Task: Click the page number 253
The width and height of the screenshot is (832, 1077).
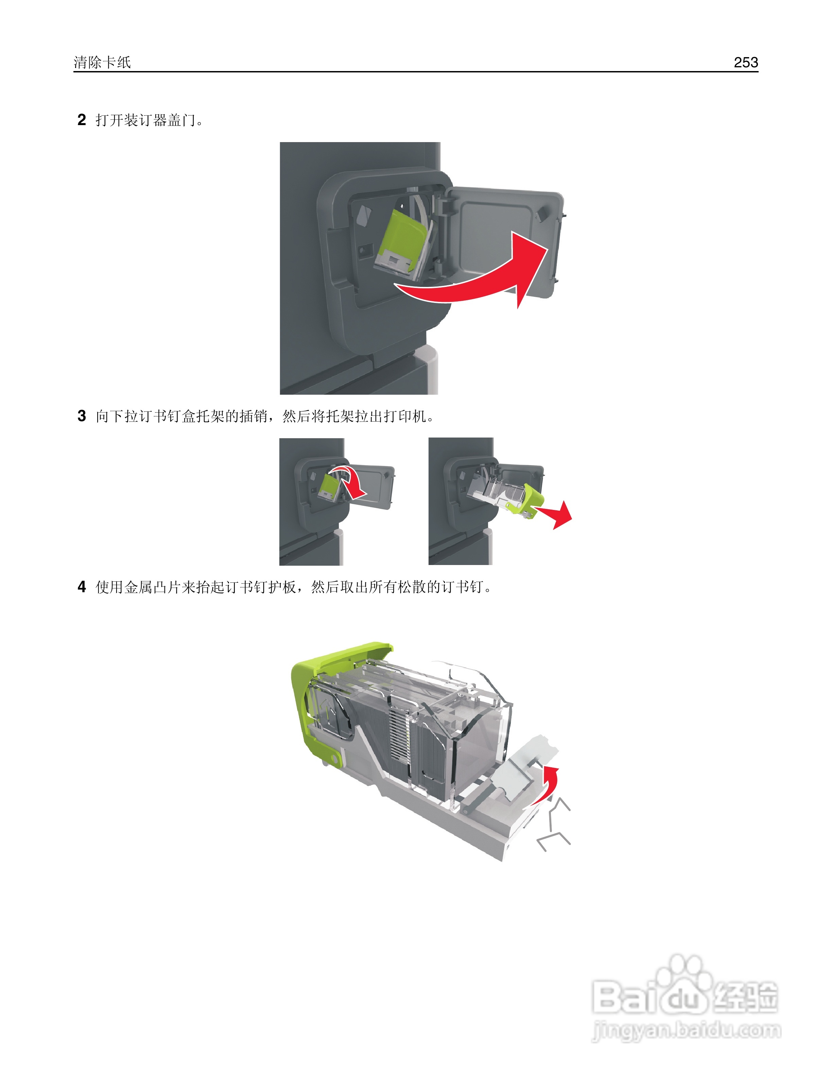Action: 745,62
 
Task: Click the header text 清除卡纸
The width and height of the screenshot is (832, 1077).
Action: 102,62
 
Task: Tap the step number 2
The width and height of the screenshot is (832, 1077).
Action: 82,120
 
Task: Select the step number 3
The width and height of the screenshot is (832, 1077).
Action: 82,416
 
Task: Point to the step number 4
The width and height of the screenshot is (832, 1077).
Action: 82,586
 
